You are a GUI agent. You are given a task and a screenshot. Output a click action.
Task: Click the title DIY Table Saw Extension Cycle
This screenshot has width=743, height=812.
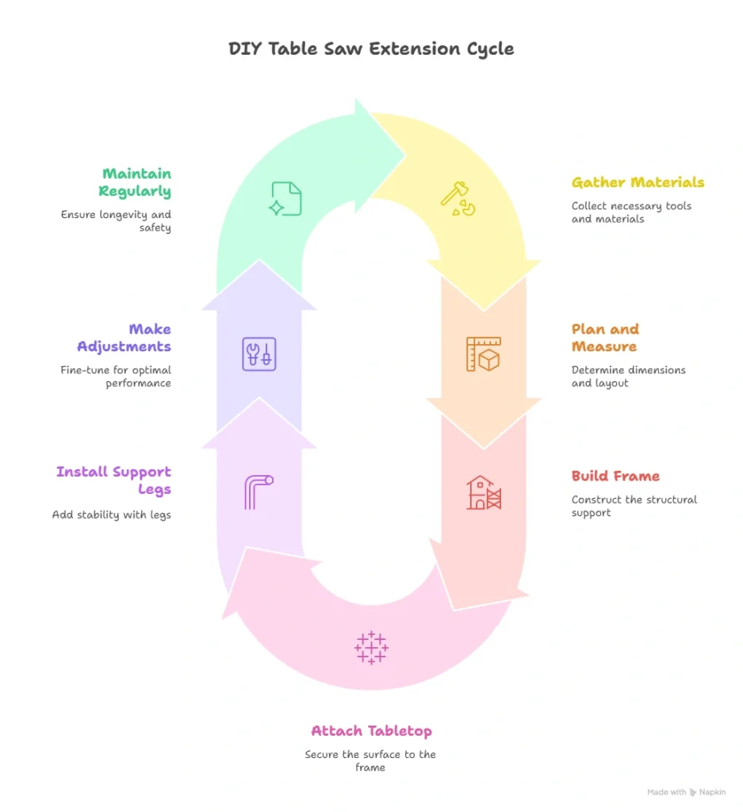371,48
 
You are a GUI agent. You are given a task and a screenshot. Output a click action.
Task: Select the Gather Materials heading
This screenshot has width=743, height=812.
638,182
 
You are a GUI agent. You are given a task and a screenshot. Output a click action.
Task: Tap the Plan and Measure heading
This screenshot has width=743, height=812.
605,338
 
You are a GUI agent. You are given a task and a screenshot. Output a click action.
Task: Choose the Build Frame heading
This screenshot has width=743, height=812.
615,476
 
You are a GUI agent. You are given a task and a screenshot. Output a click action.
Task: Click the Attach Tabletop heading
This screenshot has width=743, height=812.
371,730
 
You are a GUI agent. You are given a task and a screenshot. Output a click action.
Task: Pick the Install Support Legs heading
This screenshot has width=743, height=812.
113,481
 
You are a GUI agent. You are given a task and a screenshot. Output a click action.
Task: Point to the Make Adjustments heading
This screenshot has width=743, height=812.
124,338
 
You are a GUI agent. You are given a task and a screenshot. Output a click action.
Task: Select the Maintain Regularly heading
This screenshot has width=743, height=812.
135,182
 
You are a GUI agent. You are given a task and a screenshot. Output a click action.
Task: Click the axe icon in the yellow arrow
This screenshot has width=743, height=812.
462,199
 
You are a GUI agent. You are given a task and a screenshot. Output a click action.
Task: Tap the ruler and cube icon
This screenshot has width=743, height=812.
483,354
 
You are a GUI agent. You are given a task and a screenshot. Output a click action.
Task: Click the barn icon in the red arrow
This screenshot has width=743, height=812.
483,492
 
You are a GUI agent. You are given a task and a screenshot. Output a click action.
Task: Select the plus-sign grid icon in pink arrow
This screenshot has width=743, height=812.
371,647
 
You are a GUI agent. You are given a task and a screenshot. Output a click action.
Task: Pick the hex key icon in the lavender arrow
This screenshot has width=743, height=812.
259,492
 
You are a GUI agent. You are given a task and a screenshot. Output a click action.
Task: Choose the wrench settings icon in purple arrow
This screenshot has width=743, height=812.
259,354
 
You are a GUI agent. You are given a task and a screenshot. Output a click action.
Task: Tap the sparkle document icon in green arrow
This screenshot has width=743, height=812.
285,199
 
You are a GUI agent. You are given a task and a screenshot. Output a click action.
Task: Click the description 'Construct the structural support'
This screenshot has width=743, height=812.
634,506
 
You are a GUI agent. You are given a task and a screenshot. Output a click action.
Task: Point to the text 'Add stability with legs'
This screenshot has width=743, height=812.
112,515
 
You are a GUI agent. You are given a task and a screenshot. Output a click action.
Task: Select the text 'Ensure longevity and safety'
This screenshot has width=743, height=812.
116,220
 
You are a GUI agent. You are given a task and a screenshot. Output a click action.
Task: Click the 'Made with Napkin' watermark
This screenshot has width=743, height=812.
686,792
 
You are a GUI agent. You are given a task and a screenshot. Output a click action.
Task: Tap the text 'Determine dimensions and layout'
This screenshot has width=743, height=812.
628,376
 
